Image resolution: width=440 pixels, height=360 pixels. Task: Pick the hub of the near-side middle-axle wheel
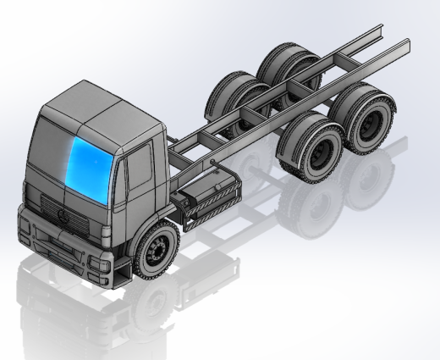pos(321,153)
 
